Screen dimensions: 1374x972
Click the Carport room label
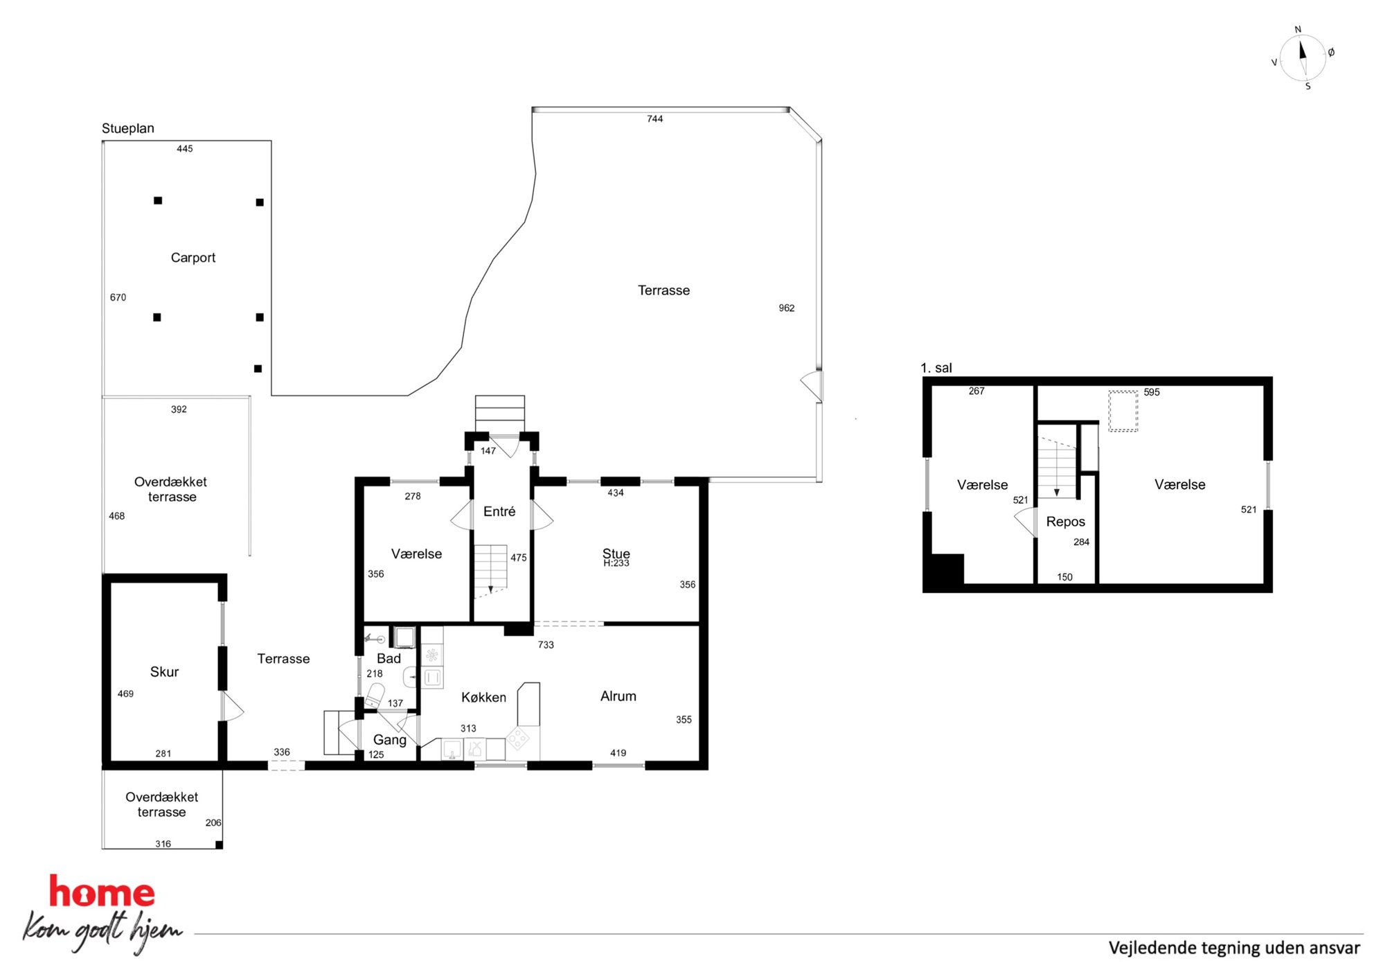click(x=193, y=258)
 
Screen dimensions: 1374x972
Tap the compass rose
click(x=1303, y=58)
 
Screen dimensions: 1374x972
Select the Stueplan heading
click(x=128, y=128)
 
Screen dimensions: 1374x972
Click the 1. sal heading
click(x=936, y=368)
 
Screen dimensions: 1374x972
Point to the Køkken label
click(x=483, y=697)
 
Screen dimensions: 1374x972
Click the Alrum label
click(x=618, y=696)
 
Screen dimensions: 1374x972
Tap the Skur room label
click(x=164, y=672)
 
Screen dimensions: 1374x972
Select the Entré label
click(x=499, y=511)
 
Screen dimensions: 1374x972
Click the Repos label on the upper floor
click(x=1066, y=522)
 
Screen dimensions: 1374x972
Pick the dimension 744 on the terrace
click(x=655, y=119)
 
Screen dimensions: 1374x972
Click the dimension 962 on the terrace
click(x=787, y=308)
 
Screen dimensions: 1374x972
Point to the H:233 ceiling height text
click(x=616, y=563)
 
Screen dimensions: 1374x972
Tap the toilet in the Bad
click(x=374, y=696)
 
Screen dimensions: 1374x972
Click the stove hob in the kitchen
click(x=518, y=739)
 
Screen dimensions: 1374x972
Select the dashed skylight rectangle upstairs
click(x=1123, y=412)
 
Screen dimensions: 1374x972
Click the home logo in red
click(x=102, y=892)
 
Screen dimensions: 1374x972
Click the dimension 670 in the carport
click(x=118, y=298)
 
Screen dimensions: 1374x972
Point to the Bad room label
click(x=389, y=659)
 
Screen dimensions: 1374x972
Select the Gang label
click(x=390, y=740)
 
